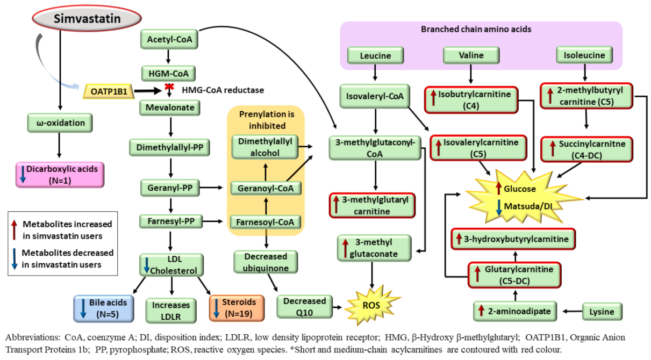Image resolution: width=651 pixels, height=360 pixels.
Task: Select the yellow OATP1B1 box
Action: pyautogui.click(x=108, y=91)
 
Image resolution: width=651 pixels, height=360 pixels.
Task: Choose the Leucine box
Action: pyautogui.click(x=375, y=55)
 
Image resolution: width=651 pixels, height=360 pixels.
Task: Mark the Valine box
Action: pyautogui.click(x=471, y=55)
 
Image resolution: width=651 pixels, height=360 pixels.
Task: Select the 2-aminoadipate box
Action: pyautogui.click(x=515, y=311)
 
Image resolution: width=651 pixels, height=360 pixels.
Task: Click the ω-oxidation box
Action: pyautogui.click(x=60, y=123)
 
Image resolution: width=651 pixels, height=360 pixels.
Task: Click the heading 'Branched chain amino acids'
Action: pyautogui.click(x=476, y=30)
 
